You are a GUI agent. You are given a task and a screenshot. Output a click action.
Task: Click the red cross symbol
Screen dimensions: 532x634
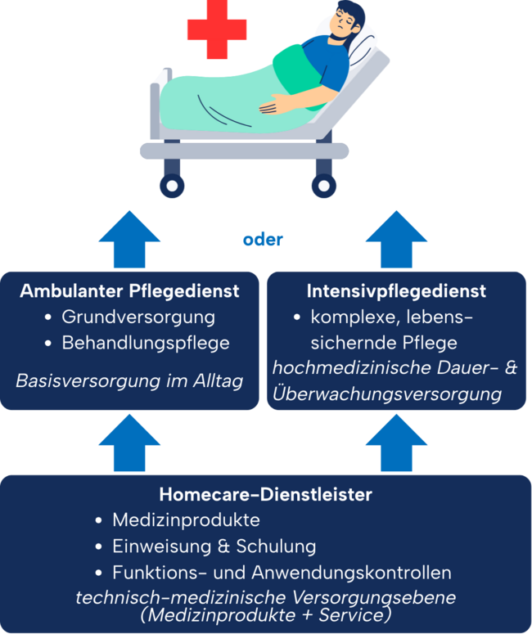pyautogui.click(x=217, y=29)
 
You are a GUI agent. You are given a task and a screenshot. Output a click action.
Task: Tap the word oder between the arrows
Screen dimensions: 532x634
pyautogui.click(x=263, y=240)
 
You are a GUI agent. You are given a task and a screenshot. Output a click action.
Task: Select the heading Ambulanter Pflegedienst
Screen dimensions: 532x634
pyautogui.click(x=129, y=291)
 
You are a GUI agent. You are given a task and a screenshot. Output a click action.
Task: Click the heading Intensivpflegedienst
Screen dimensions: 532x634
pyautogui.click(x=396, y=291)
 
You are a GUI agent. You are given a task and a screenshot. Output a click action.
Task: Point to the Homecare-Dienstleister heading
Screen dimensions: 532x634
pyautogui.click(x=265, y=494)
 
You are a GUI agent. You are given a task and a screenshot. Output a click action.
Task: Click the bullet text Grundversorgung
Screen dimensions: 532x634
pyautogui.click(x=138, y=317)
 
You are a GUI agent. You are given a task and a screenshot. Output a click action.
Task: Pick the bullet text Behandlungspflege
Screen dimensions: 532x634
pyautogui.click(x=146, y=343)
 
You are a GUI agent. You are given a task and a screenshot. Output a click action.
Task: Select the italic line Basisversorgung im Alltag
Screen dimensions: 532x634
pyautogui.click(x=129, y=381)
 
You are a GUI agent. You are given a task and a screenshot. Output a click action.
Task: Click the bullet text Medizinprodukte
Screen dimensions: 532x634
pyautogui.click(x=186, y=520)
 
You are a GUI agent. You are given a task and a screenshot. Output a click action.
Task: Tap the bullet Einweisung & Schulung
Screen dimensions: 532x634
pyautogui.click(x=214, y=546)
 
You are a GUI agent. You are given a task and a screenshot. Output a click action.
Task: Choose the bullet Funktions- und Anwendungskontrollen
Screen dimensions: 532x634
pyautogui.click(x=282, y=573)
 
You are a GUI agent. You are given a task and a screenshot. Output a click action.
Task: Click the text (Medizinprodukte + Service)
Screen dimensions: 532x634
pyautogui.click(x=266, y=615)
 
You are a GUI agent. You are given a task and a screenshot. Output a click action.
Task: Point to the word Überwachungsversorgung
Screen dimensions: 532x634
pyautogui.click(x=387, y=393)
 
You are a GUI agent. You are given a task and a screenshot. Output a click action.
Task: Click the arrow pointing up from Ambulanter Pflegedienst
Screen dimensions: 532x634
pyautogui.click(x=129, y=240)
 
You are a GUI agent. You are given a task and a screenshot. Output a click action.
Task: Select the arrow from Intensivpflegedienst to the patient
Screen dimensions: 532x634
pyautogui.click(x=396, y=240)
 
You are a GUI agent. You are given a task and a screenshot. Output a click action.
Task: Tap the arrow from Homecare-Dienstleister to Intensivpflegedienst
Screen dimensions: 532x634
pyautogui.click(x=396, y=443)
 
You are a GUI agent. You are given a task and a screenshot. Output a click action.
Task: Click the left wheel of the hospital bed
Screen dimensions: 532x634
pyautogui.click(x=172, y=186)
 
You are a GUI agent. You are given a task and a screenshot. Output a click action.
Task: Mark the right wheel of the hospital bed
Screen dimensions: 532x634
pyautogui.click(x=323, y=186)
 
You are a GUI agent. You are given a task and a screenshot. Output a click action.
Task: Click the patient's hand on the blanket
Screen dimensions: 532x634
pyautogui.click(x=276, y=105)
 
